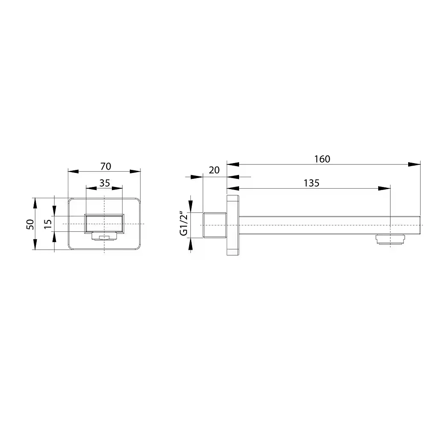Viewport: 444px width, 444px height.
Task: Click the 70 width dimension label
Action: [105, 166]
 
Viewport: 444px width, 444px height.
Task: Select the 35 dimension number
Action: [105, 183]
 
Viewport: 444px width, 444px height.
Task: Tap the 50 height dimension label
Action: [30, 224]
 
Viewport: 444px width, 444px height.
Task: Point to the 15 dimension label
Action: [48, 224]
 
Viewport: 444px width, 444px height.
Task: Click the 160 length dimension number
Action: [322, 159]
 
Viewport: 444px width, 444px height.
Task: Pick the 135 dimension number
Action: [312, 183]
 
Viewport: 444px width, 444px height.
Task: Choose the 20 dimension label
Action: [214, 170]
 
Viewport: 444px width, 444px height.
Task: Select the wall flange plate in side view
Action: [233, 225]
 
